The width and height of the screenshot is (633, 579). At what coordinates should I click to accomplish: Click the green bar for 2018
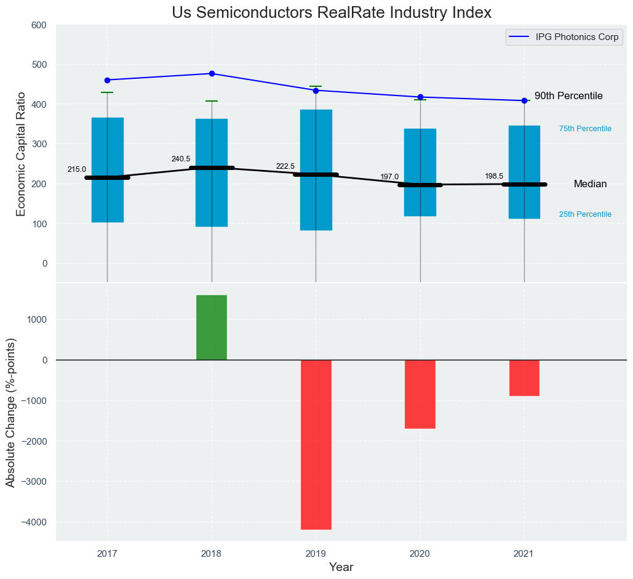212,327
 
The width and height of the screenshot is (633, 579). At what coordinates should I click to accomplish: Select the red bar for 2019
316,444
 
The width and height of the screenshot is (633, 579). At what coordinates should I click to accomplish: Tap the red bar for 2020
420,394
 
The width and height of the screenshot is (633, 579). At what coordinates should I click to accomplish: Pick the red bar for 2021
524,378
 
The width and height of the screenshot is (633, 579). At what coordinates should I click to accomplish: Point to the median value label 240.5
181,159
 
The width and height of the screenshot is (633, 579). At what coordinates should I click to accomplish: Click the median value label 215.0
77,169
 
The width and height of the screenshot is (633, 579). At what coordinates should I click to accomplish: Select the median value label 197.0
389,177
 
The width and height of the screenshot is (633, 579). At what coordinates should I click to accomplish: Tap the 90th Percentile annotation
568,96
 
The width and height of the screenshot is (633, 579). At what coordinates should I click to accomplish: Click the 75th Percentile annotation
585,129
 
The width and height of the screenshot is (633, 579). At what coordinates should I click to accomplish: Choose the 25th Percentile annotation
585,214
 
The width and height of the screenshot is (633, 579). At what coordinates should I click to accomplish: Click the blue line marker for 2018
212,74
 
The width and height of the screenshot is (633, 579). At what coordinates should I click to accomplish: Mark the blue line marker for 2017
108,80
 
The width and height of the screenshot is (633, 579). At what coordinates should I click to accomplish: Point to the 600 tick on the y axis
39,25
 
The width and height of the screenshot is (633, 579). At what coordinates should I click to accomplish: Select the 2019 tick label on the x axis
316,553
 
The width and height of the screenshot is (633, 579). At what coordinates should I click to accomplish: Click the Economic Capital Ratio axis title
21,153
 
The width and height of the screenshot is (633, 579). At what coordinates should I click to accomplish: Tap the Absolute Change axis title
10,412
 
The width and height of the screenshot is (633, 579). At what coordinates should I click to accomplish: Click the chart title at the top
332,12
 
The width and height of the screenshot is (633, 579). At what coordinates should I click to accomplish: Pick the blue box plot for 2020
420,172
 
